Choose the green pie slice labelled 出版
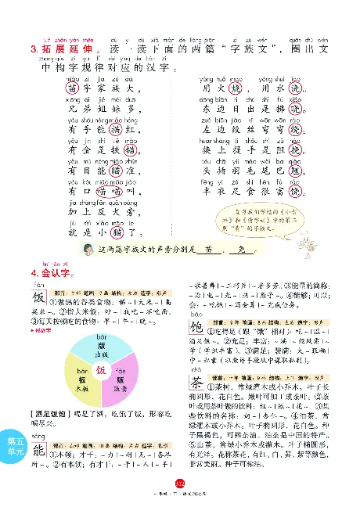pyautogui.click(x=101, y=347)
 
